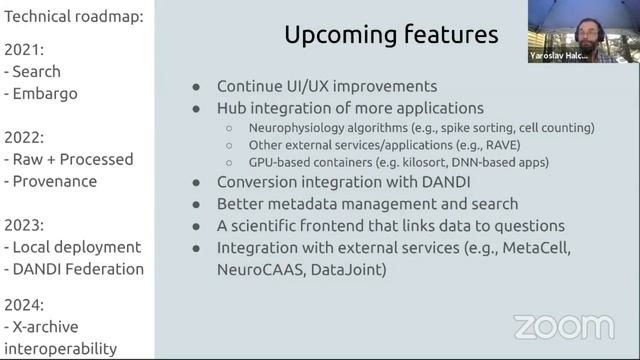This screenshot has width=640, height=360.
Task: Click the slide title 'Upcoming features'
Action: (x=391, y=35)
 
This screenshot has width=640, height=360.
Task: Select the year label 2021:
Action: (x=25, y=48)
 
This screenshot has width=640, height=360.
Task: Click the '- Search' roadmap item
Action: (x=33, y=71)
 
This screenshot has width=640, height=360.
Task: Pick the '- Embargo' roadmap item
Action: (x=41, y=94)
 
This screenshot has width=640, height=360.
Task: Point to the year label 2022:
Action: (x=26, y=135)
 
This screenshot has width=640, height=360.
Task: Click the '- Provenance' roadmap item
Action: (x=51, y=181)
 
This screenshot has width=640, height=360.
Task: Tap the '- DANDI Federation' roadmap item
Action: (x=75, y=268)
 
